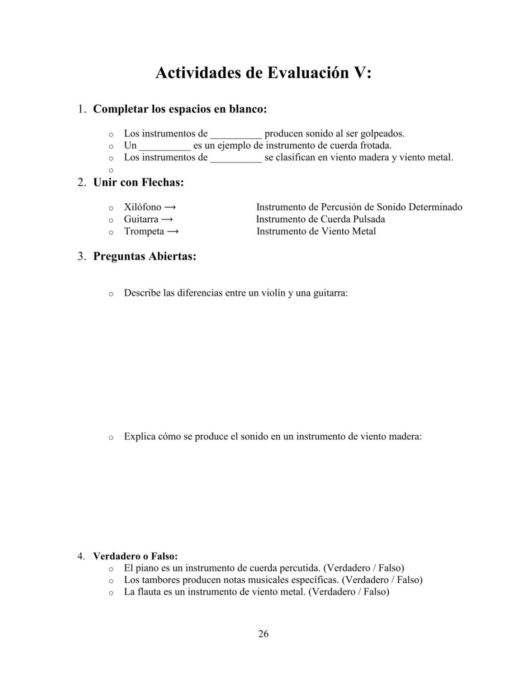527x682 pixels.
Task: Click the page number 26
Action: coord(263,634)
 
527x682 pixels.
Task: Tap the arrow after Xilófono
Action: coord(170,207)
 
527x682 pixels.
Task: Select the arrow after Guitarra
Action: coord(167,219)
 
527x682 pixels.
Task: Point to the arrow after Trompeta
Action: coord(173,232)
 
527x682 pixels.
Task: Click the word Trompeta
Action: coord(143,232)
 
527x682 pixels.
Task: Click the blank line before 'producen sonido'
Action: coord(236,135)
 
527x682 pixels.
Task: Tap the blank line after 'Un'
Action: coord(164,146)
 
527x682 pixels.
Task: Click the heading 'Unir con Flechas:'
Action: coord(138,182)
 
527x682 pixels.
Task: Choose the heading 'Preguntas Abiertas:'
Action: coord(144,257)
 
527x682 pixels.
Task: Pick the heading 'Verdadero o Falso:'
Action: coord(135,556)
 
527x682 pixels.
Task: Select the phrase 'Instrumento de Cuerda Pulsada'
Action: coord(321,219)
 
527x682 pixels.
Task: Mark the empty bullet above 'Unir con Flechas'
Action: coord(111,170)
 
